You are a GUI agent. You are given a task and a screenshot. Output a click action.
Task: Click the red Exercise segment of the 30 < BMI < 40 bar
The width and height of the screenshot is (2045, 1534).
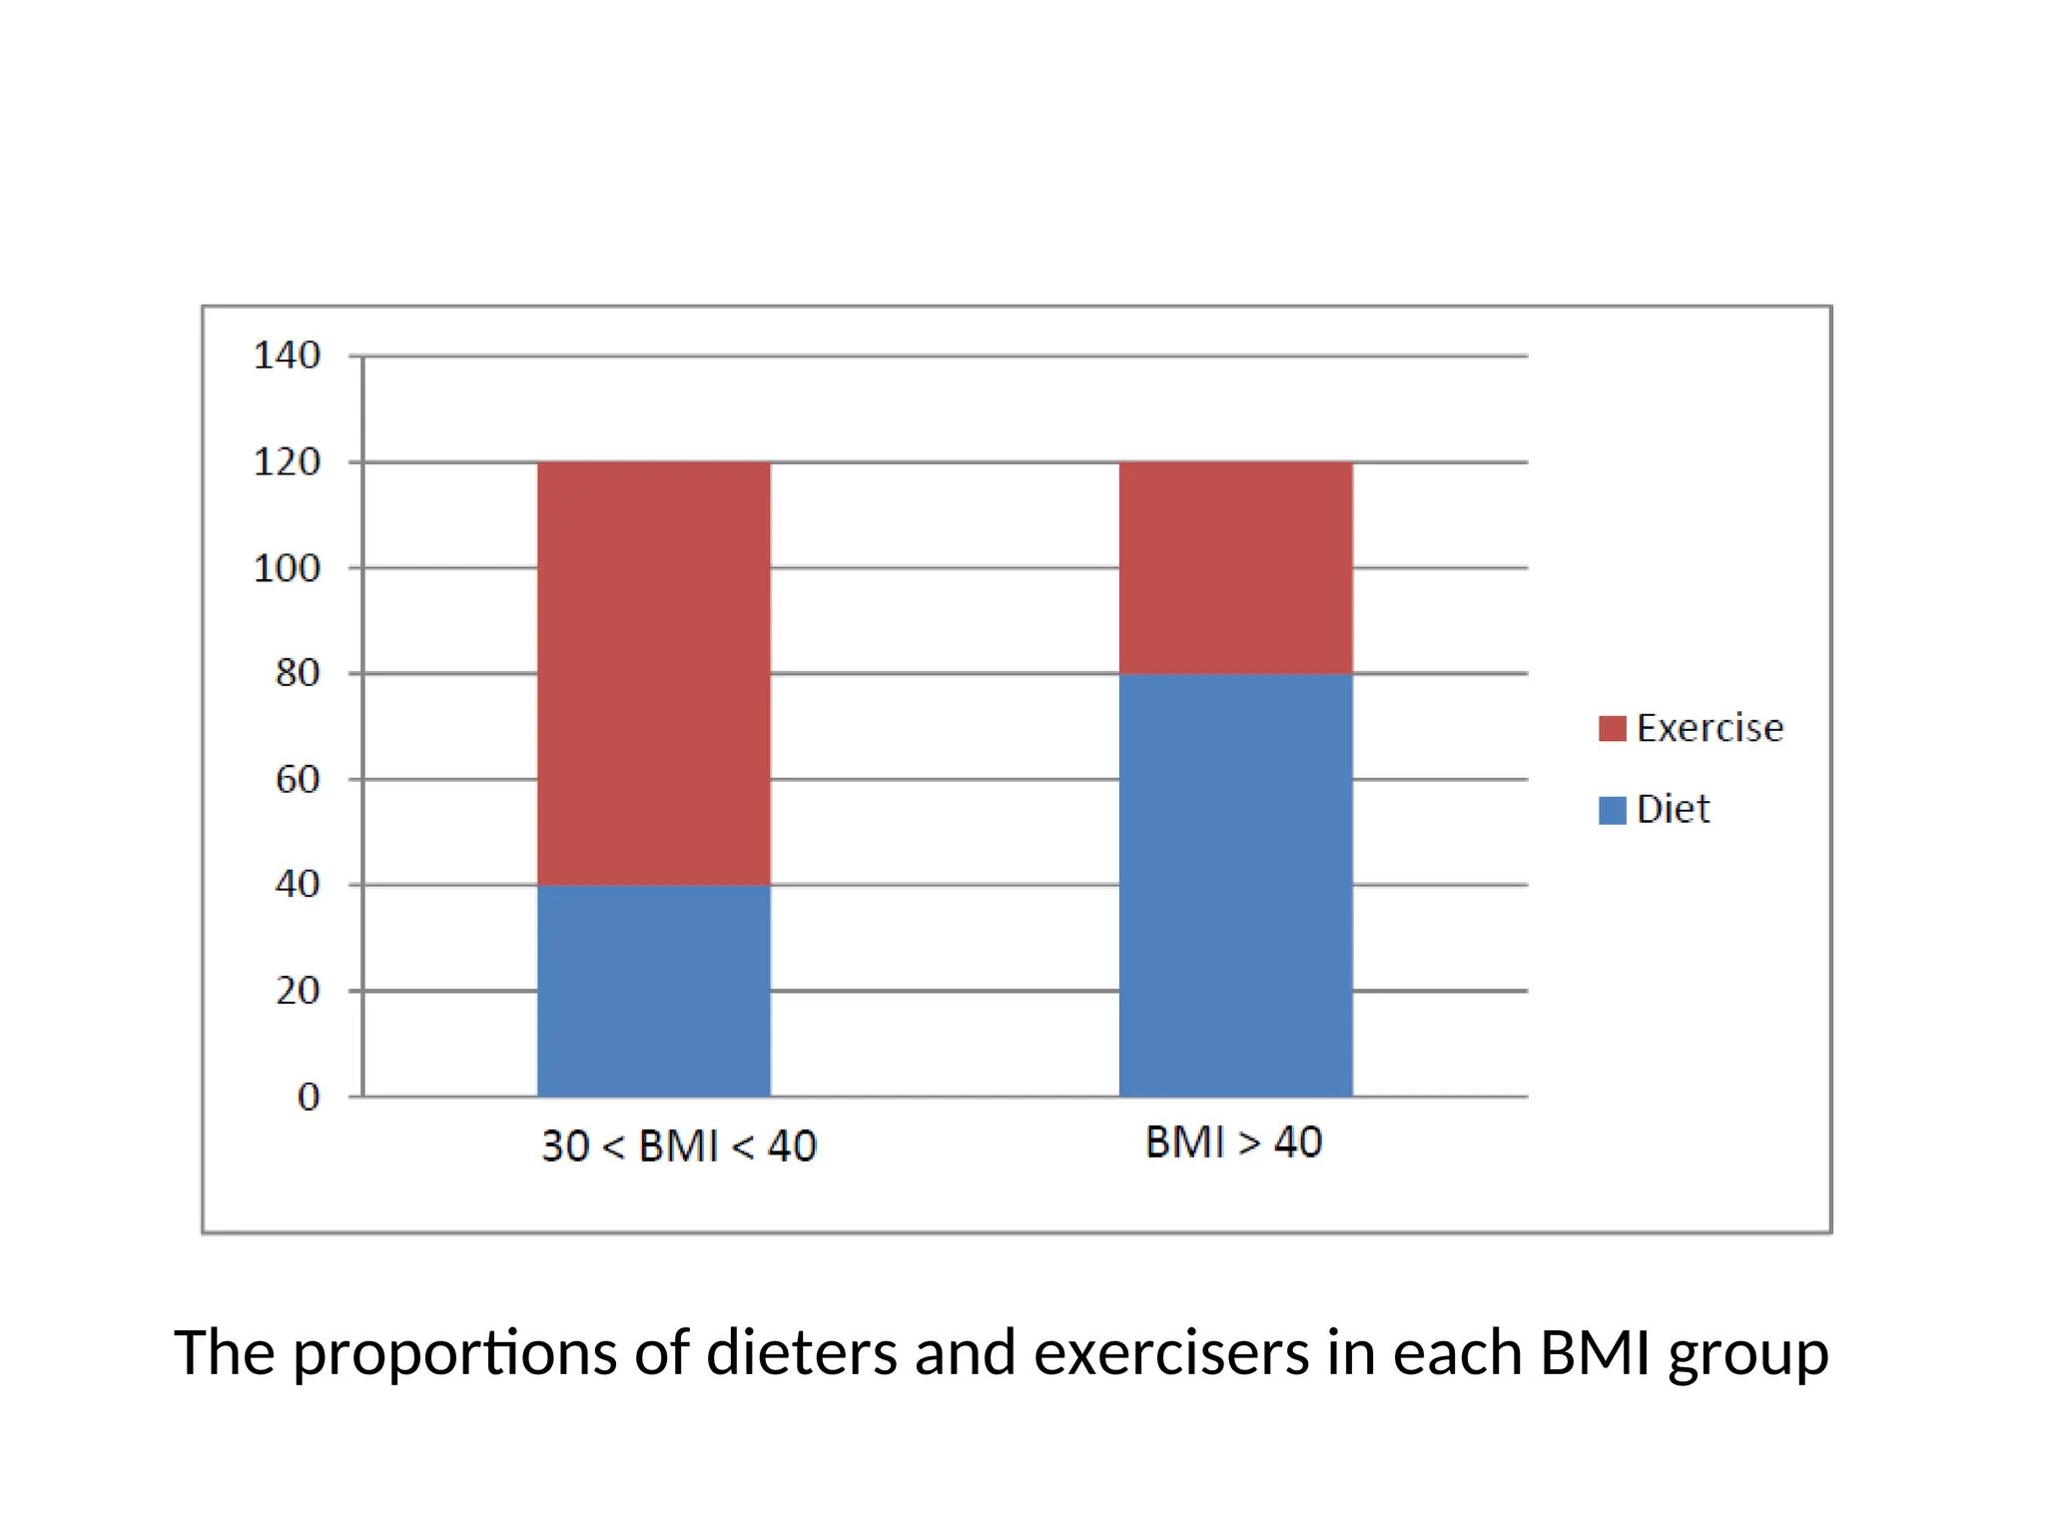point(654,673)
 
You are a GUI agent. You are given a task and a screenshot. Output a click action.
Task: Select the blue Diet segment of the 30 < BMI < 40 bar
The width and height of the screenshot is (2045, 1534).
point(654,991)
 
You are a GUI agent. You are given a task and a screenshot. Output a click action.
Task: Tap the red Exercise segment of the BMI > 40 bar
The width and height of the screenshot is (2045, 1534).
point(1235,567)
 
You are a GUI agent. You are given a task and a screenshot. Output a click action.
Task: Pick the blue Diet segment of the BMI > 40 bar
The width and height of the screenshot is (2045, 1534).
point(1235,885)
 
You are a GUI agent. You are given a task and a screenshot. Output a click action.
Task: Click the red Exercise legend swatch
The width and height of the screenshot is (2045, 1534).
point(1612,728)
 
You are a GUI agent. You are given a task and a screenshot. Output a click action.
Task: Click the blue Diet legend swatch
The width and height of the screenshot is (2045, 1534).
point(1612,810)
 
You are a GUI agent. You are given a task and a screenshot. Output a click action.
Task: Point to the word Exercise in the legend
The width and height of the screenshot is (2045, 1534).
point(1709,728)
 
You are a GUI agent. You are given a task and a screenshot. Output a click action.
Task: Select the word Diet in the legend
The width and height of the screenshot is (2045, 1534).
point(1673,809)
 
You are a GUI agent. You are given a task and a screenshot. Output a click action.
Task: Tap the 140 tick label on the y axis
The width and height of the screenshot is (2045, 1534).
point(287,356)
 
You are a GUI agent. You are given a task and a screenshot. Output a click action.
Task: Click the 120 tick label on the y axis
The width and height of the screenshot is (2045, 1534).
point(287,462)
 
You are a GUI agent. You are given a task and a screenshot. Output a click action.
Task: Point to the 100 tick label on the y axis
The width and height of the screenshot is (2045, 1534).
point(287,568)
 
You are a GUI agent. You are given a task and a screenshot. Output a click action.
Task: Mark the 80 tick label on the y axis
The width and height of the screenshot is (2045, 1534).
point(298,673)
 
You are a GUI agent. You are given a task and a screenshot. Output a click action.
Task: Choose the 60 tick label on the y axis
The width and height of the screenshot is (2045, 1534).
point(298,779)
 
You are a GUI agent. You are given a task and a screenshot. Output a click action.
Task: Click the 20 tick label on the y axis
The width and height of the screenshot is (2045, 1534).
point(298,991)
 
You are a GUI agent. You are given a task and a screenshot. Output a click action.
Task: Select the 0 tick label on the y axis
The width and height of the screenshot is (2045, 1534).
point(309,1097)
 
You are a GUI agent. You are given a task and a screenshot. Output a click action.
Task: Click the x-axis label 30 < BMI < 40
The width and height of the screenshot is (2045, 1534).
point(679,1146)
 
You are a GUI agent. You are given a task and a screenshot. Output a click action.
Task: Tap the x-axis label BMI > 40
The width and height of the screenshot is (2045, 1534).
point(1233,1142)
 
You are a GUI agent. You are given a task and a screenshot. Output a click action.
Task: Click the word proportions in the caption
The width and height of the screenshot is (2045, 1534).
point(454,1354)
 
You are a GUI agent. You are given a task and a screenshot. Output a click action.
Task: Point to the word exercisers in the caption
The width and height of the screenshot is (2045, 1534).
point(1170,1354)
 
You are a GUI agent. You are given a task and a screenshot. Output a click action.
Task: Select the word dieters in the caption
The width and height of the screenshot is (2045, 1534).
point(802,1354)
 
